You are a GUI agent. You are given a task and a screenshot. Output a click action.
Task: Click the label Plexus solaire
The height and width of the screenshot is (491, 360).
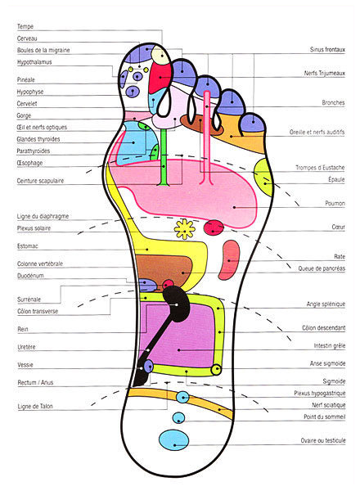(34, 228)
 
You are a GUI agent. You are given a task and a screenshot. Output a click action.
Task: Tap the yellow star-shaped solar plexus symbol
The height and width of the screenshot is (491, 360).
(185, 229)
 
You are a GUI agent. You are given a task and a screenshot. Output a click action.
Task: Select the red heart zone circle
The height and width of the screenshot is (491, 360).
(214, 227)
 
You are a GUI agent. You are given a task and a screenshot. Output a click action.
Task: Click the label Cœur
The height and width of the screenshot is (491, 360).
(338, 227)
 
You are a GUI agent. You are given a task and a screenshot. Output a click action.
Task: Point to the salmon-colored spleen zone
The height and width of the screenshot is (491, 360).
(231, 260)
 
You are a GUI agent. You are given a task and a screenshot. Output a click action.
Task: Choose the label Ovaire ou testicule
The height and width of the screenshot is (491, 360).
(323, 440)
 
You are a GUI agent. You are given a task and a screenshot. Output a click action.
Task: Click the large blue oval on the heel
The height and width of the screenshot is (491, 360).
(174, 440)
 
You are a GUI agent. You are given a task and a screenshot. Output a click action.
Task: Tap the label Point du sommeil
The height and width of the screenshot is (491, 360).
(324, 417)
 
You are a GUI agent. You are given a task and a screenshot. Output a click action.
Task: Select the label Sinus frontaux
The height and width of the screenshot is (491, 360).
(327, 49)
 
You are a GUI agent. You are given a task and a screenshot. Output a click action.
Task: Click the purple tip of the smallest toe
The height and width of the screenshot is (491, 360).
(252, 123)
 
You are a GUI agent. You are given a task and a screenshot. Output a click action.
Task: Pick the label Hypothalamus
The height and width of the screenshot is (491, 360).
(34, 62)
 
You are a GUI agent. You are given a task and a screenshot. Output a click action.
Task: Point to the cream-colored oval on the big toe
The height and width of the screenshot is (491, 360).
(160, 55)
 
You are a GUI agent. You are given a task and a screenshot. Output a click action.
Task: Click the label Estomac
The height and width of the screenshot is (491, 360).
(27, 246)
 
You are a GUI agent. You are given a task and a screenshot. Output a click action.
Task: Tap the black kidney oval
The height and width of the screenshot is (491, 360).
(177, 304)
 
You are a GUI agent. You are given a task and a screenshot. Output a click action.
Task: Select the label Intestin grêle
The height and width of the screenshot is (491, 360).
(330, 345)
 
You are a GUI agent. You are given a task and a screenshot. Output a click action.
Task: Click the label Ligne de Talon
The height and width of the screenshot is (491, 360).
(35, 406)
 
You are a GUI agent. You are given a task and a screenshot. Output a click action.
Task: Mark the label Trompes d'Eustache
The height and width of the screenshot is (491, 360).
(320, 168)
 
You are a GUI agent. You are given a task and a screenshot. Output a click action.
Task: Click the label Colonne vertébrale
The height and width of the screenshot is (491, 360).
(40, 264)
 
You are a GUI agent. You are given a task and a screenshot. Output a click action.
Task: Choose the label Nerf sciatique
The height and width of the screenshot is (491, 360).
(329, 405)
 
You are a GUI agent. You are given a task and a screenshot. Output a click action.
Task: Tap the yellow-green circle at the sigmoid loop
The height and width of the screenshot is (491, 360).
(216, 370)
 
